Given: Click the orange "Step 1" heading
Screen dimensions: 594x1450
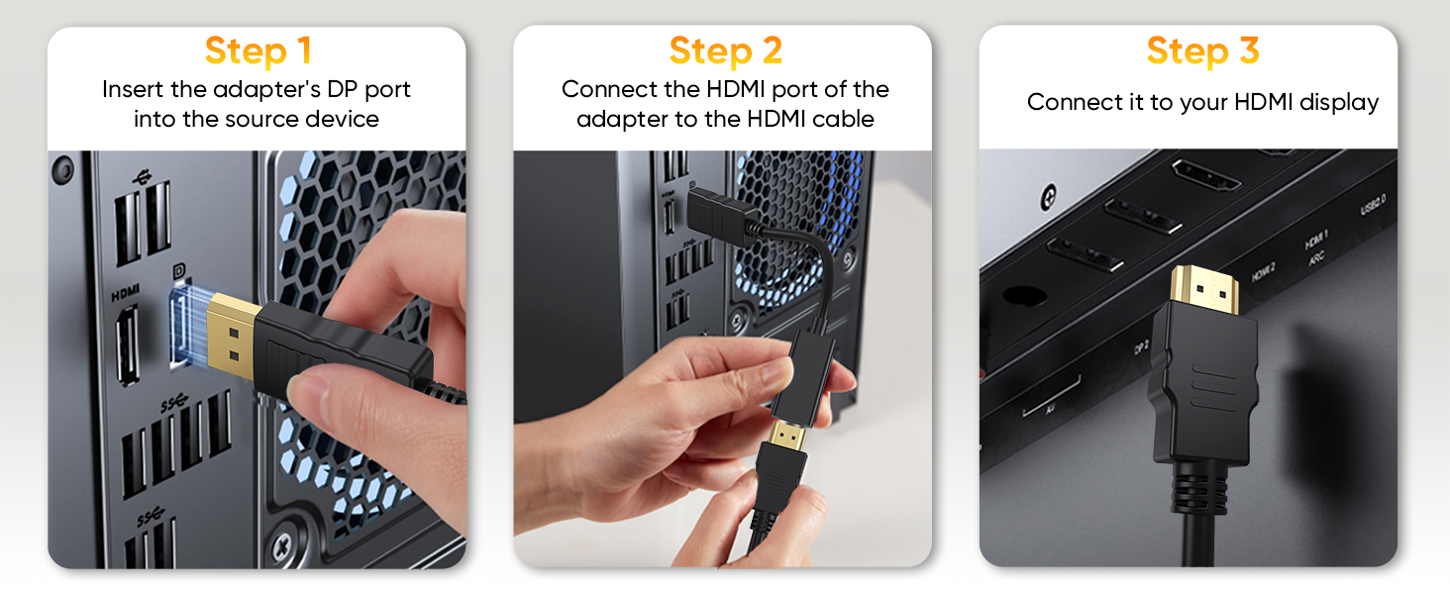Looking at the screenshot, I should point(257,50).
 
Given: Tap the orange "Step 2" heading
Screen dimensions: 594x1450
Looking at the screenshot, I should point(725,50).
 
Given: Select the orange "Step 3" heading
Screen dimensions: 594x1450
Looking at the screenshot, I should point(1202,50).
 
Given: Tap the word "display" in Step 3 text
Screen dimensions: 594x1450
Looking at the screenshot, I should point(1338,102).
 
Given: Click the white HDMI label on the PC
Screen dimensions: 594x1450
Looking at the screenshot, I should point(126,291).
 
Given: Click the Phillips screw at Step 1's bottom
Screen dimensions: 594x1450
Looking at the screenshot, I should point(282,543).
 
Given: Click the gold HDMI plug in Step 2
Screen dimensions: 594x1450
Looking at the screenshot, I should point(787,432).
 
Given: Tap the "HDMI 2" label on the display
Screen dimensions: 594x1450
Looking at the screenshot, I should point(1262,272).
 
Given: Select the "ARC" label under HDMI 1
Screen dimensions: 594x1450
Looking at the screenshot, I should point(1315,257).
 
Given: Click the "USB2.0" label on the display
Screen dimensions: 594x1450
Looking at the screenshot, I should point(1373,207).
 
